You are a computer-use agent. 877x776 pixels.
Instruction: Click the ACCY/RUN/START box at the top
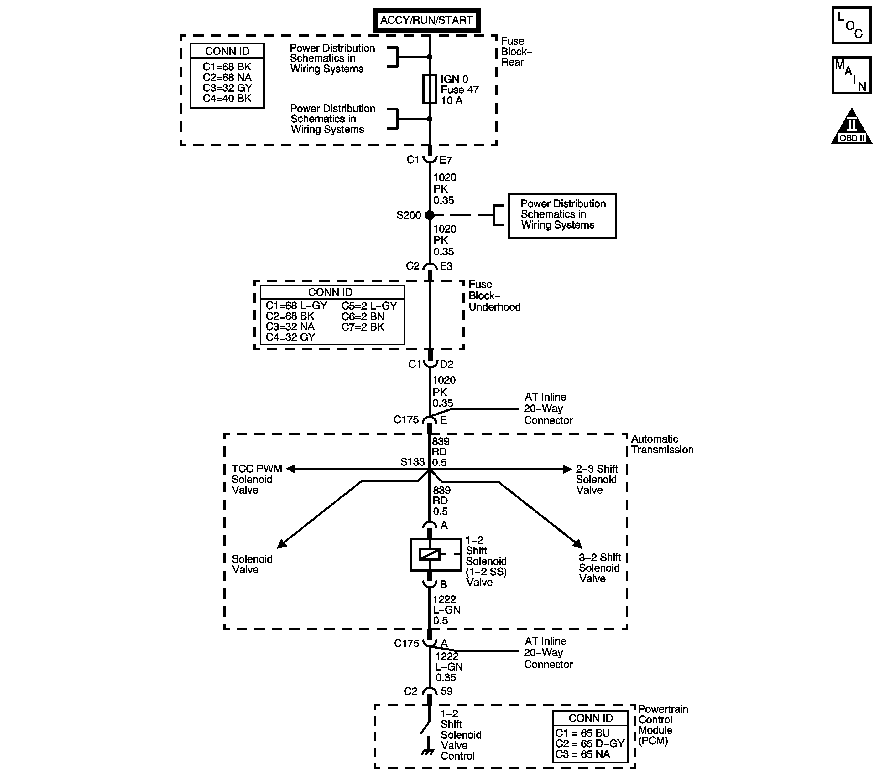point(426,20)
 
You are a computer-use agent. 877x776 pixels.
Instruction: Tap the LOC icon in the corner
point(851,25)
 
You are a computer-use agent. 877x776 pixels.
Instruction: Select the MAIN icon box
point(851,75)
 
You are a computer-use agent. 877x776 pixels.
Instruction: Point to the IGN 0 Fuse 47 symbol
point(430,89)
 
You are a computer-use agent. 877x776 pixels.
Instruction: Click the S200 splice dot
point(430,215)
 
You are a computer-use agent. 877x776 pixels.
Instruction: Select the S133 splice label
point(412,462)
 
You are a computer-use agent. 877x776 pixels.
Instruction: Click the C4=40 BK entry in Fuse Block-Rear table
point(227,99)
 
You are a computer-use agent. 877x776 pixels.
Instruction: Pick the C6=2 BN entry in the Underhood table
point(363,316)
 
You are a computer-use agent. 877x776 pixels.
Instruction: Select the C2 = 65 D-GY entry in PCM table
point(590,743)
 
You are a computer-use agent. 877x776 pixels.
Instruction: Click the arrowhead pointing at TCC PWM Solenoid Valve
point(291,469)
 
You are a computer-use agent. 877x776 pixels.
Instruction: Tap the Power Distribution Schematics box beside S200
point(562,216)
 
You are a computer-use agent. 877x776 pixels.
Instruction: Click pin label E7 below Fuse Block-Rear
point(446,160)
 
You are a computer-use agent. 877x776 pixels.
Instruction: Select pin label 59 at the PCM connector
point(447,691)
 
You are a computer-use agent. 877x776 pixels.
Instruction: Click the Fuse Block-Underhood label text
point(494,296)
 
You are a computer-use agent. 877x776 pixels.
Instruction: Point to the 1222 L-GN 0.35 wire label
point(449,667)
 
